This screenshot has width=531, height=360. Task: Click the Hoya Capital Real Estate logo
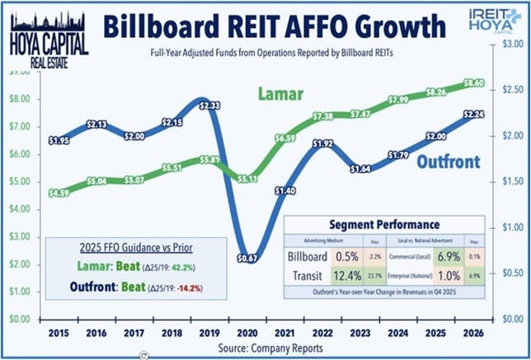point(42,34)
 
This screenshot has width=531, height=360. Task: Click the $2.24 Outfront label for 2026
point(473,115)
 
